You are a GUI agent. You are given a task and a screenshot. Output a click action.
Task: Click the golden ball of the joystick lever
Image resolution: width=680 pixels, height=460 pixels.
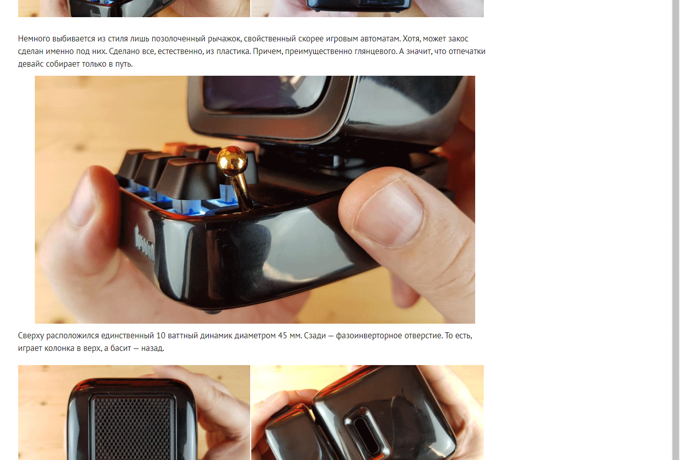pyautogui.click(x=232, y=161)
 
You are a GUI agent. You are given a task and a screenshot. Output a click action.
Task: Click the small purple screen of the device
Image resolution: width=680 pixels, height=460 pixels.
pyautogui.click(x=264, y=93)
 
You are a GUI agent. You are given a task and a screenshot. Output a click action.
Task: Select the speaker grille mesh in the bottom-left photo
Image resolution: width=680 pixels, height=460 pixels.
pyautogui.click(x=133, y=428)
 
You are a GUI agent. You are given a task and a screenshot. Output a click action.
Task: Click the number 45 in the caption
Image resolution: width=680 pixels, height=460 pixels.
pyautogui.click(x=282, y=336)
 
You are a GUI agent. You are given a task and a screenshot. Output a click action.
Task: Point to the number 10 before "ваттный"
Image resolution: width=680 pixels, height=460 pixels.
pyautogui.click(x=160, y=336)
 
